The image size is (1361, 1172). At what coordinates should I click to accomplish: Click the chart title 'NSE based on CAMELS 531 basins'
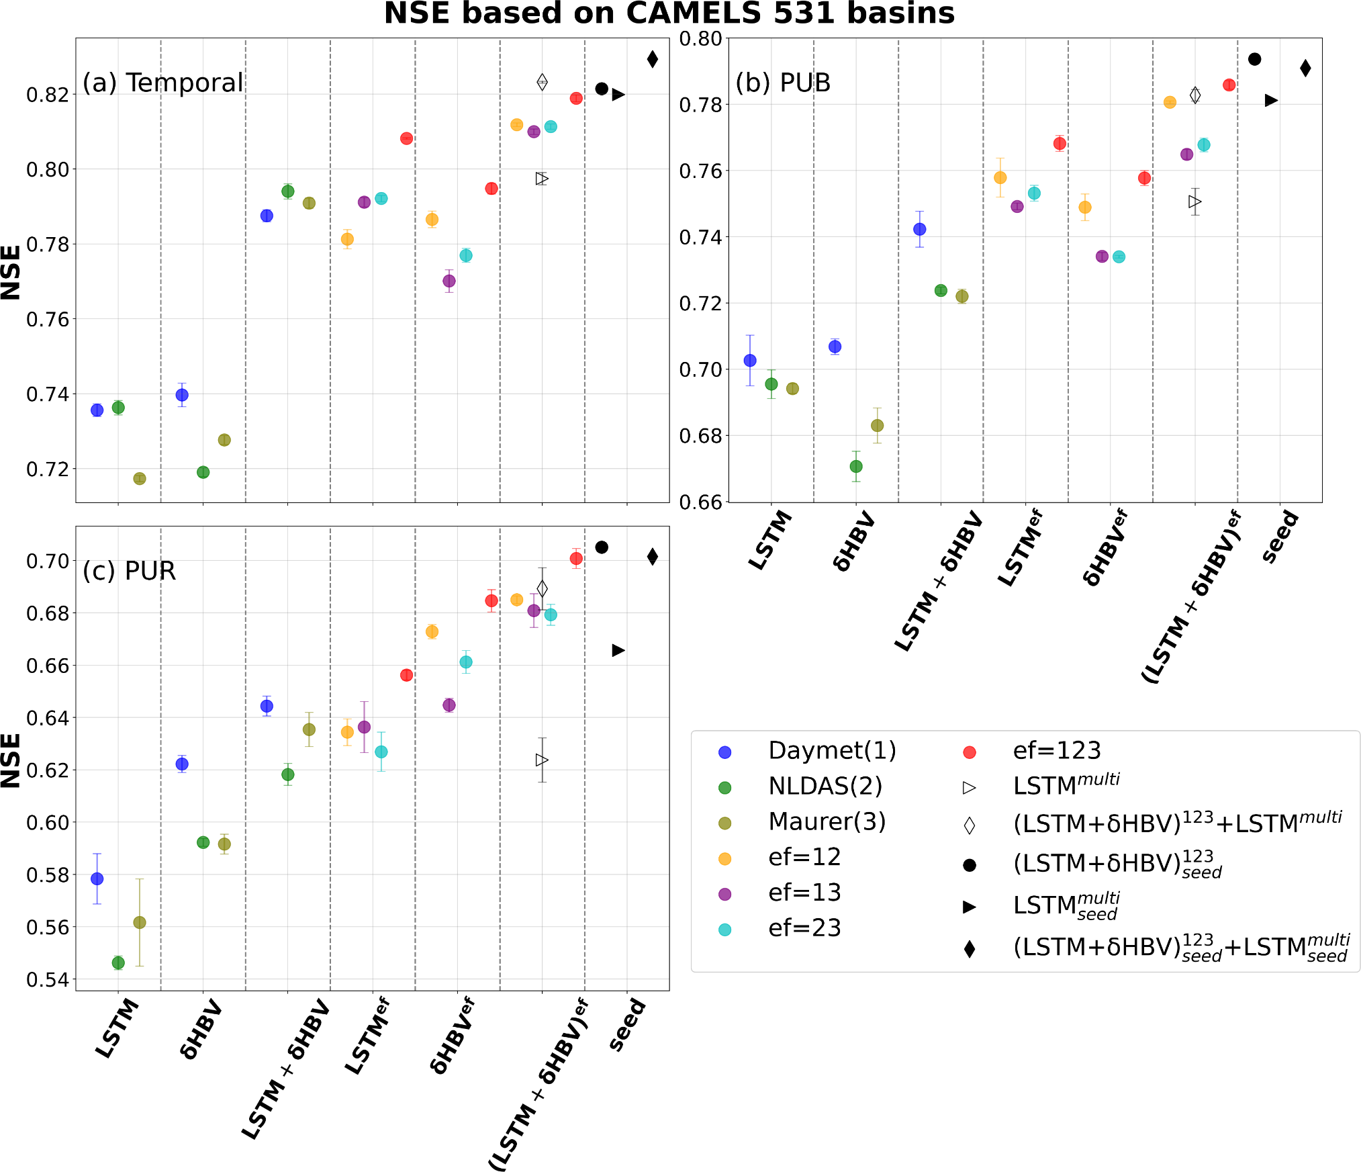tap(669, 13)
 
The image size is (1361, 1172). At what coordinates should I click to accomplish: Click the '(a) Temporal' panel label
tap(162, 83)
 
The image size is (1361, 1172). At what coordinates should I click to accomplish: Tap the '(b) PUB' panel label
tap(783, 83)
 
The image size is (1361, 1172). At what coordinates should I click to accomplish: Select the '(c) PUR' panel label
tap(129, 571)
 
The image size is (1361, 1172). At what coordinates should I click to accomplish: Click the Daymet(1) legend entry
tap(832, 751)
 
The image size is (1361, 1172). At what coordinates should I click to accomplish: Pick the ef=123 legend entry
tap(1056, 751)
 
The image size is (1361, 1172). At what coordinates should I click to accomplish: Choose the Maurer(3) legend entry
tap(827, 822)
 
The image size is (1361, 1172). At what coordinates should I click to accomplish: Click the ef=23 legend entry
tap(804, 928)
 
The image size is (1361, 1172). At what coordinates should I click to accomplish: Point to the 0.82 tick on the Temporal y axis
tap(48, 95)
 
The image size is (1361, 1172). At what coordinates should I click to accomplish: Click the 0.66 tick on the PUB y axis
tap(701, 502)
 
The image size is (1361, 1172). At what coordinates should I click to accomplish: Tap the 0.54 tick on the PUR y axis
tap(48, 980)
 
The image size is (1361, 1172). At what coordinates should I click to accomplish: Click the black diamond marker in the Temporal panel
tap(652, 59)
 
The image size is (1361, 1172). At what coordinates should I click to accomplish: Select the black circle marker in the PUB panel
tap(1254, 59)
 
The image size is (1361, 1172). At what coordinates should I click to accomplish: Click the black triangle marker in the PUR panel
tap(618, 650)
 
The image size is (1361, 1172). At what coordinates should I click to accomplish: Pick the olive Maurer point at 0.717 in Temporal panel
tap(140, 479)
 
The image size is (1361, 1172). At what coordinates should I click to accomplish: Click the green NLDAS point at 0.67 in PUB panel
tap(856, 466)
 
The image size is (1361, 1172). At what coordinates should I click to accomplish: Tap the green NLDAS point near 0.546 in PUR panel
tap(118, 962)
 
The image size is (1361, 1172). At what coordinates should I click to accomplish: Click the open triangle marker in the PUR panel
tap(542, 760)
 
